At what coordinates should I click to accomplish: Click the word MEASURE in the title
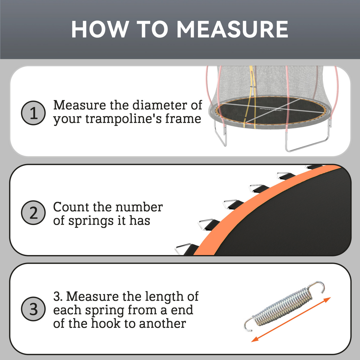[x=232, y=29]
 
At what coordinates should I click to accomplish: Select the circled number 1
[x=33, y=113]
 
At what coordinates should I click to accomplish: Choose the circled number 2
[x=33, y=213]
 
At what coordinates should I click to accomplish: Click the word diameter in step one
[x=160, y=105]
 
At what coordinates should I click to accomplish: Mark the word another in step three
[x=163, y=323]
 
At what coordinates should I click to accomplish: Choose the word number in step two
[x=139, y=207]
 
